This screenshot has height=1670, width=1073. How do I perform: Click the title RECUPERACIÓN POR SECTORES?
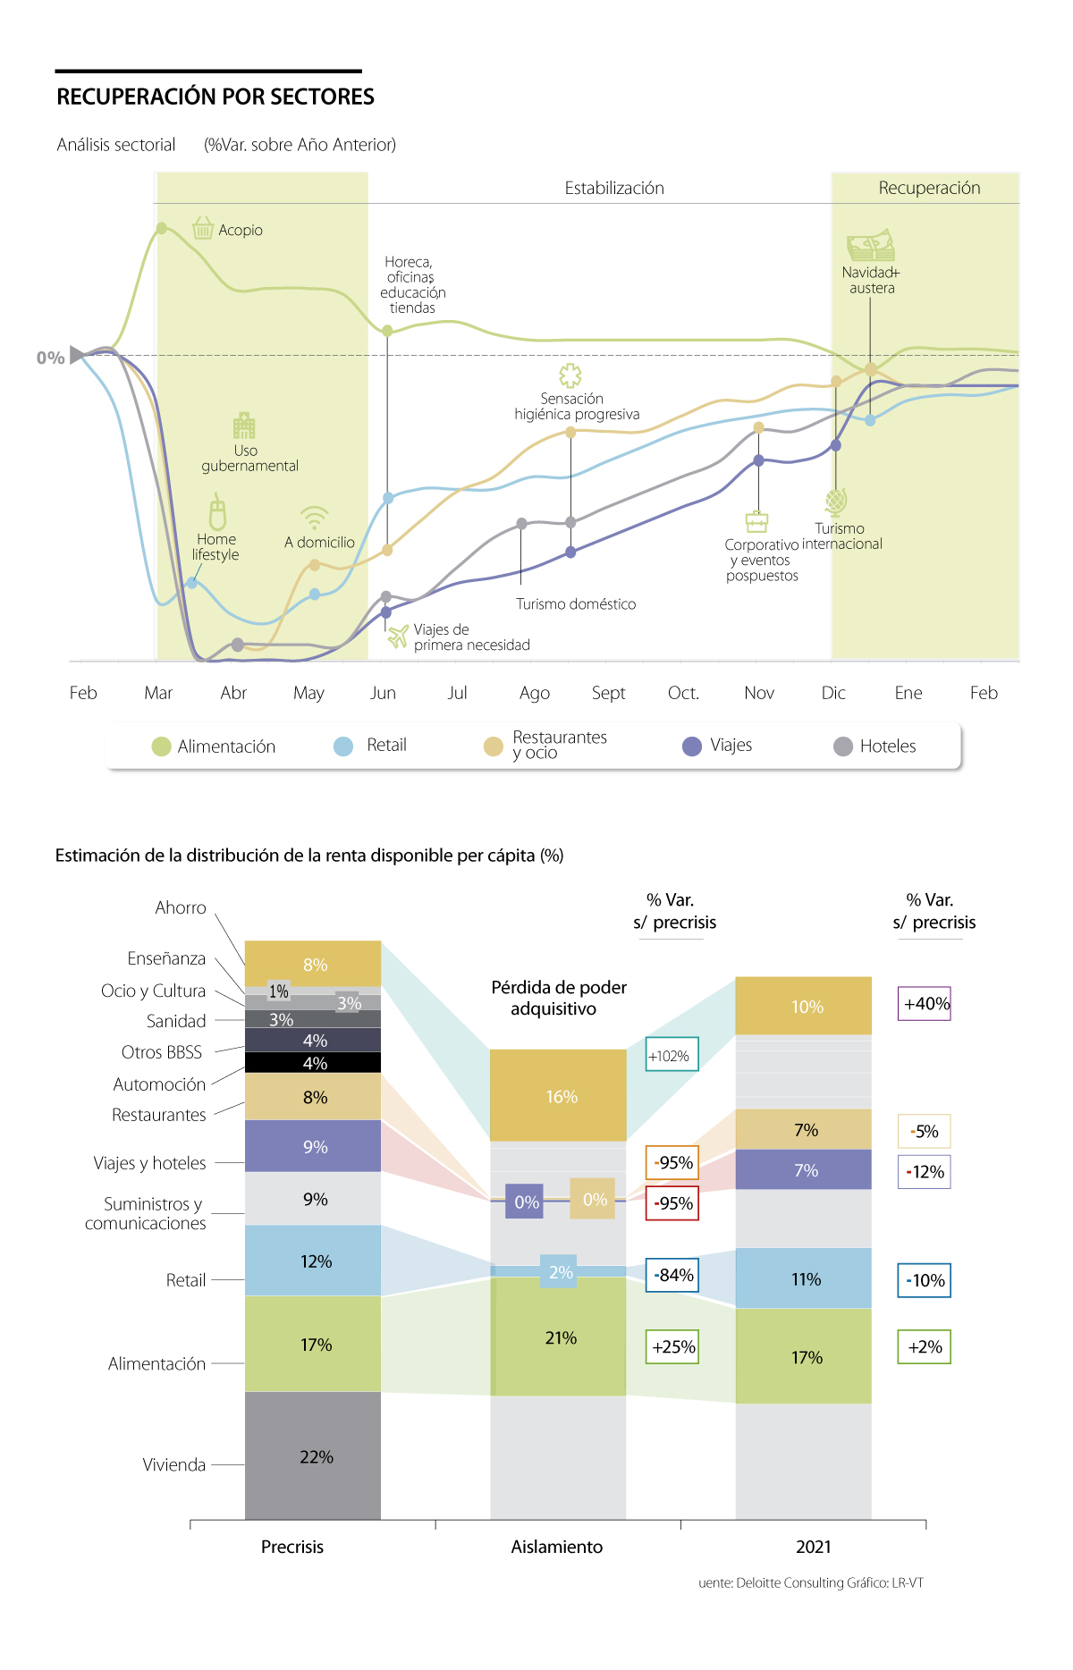click(215, 97)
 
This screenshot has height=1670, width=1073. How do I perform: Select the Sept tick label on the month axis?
click(609, 693)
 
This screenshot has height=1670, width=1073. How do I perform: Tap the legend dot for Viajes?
click(692, 746)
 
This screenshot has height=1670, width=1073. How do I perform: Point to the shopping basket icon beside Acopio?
click(203, 228)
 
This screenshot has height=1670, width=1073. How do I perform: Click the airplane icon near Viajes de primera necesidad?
click(398, 636)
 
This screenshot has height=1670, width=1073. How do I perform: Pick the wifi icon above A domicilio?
click(314, 518)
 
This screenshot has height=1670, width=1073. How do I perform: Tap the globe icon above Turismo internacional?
click(836, 502)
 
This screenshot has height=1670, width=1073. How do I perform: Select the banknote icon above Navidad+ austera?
click(871, 245)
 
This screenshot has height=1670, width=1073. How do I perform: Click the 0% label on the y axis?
click(50, 358)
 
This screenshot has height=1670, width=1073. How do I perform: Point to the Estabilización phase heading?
click(614, 188)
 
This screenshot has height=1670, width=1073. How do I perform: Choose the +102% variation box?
click(672, 1056)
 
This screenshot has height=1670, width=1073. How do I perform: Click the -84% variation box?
click(672, 1275)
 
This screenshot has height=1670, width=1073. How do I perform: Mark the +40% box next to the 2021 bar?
click(925, 1004)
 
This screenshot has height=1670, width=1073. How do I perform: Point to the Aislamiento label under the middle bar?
click(557, 1547)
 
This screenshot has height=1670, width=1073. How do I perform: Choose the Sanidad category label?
click(176, 1021)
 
